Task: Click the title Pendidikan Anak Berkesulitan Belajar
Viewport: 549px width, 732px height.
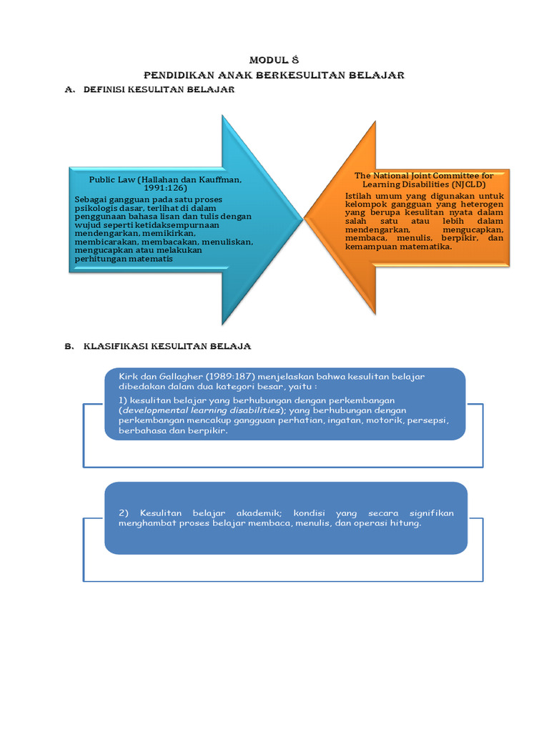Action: tap(274, 74)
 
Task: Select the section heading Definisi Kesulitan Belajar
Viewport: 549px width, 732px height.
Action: tap(159, 89)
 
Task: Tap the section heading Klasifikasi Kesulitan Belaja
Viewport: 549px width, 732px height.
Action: tap(167, 346)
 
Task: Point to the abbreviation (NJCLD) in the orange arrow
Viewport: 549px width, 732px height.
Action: tap(470, 184)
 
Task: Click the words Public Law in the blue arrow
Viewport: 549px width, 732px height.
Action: tap(112, 180)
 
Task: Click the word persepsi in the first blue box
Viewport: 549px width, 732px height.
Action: tap(427, 421)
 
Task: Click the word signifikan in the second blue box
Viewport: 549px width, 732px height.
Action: tap(431, 513)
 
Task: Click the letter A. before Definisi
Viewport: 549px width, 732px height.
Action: tap(70, 89)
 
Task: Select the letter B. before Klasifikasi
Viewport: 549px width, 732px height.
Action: tap(69, 346)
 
